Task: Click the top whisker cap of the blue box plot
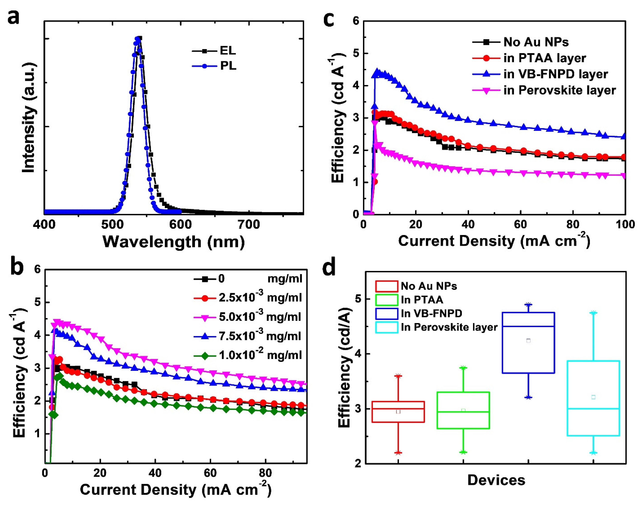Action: point(528,304)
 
